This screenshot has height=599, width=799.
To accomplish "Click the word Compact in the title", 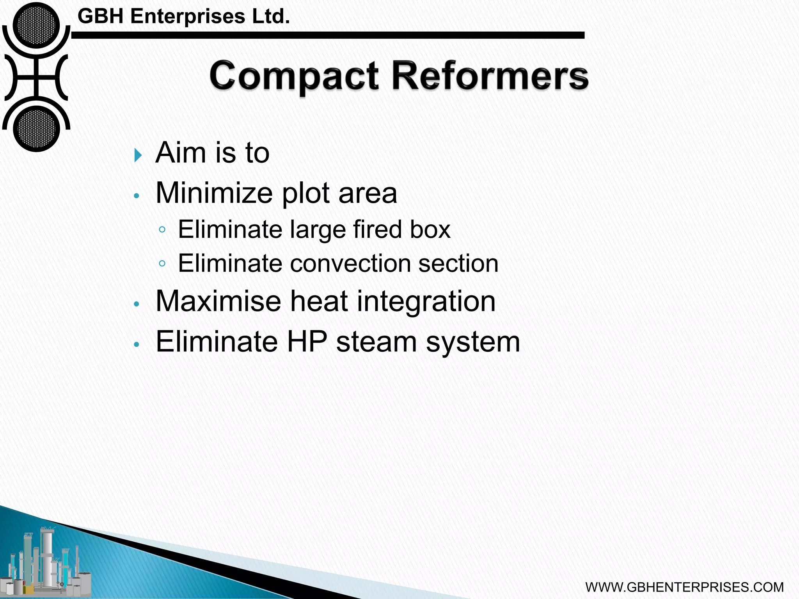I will tap(294, 76).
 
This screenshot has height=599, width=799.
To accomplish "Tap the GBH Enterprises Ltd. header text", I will tap(184, 17).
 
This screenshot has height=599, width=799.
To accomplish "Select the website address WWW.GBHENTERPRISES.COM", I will tap(684, 587).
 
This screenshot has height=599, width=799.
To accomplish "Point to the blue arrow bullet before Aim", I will tap(138, 155).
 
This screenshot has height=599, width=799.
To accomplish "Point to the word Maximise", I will tap(218, 301).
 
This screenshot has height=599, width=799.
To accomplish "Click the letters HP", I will tap(307, 342).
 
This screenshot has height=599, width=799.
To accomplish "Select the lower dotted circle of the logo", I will tap(36, 128).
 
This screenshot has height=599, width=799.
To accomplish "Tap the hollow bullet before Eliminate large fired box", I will tap(162, 230).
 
